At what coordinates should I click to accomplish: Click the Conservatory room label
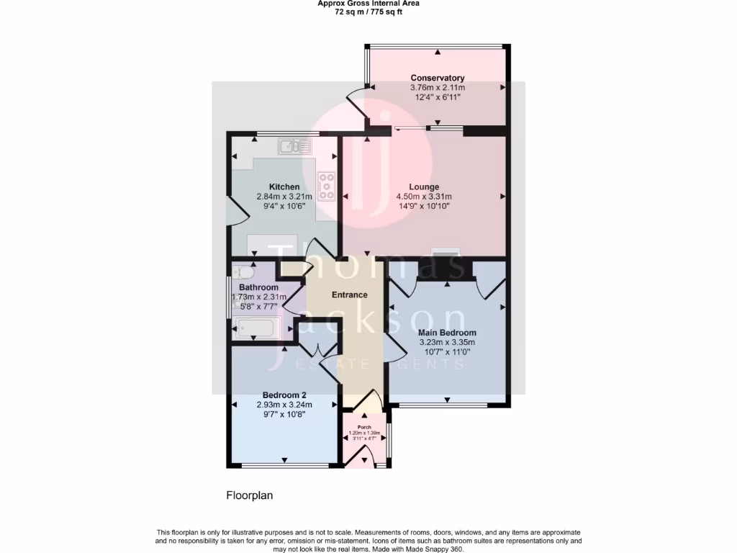click(437, 78)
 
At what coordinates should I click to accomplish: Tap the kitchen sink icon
click(295, 147)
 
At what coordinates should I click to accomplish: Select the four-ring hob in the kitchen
click(327, 186)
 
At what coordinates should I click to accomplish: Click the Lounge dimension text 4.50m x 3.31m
click(424, 197)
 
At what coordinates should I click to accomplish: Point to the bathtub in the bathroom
click(258, 330)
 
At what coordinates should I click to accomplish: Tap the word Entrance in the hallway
click(349, 295)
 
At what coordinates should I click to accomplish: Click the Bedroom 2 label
click(284, 395)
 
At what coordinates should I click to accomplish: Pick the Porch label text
click(364, 426)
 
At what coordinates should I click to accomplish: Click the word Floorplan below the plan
click(250, 495)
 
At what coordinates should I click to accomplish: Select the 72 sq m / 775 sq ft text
click(368, 12)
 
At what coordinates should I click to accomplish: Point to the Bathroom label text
click(258, 287)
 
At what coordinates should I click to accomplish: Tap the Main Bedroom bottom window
click(446, 405)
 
